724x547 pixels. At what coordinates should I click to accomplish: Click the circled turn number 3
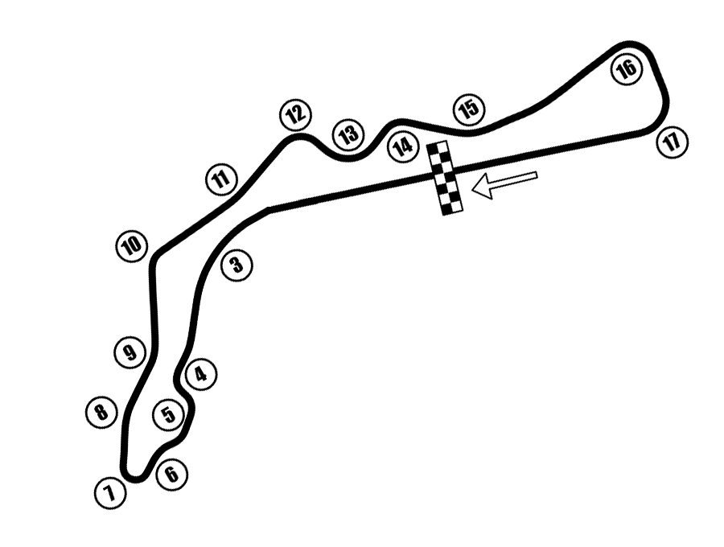pos(237,265)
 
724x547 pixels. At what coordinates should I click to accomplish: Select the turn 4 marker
pos(201,374)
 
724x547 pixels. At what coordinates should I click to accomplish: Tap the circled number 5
pos(169,414)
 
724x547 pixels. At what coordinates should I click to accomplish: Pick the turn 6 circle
pos(172,474)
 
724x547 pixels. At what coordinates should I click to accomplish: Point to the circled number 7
pos(110,493)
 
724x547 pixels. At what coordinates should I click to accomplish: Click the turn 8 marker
pos(101,411)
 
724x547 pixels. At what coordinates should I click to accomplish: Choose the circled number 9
pos(130,353)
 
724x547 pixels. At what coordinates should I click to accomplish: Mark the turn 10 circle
pos(132,246)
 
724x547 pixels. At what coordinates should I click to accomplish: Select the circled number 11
pos(221,179)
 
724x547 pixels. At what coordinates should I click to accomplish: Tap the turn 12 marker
pos(295,114)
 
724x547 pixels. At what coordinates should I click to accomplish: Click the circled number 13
pos(348,135)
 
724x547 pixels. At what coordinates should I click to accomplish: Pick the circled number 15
pos(470,109)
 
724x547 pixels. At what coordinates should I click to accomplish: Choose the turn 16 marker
pos(627,70)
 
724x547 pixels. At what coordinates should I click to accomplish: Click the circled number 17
pos(673,142)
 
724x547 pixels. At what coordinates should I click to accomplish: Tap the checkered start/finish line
pos(445,178)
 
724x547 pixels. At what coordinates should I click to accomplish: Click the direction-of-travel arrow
pos(504,185)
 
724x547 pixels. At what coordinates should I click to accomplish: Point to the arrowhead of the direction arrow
pos(475,189)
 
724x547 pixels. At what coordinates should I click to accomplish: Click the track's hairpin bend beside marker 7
pos(134,475)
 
